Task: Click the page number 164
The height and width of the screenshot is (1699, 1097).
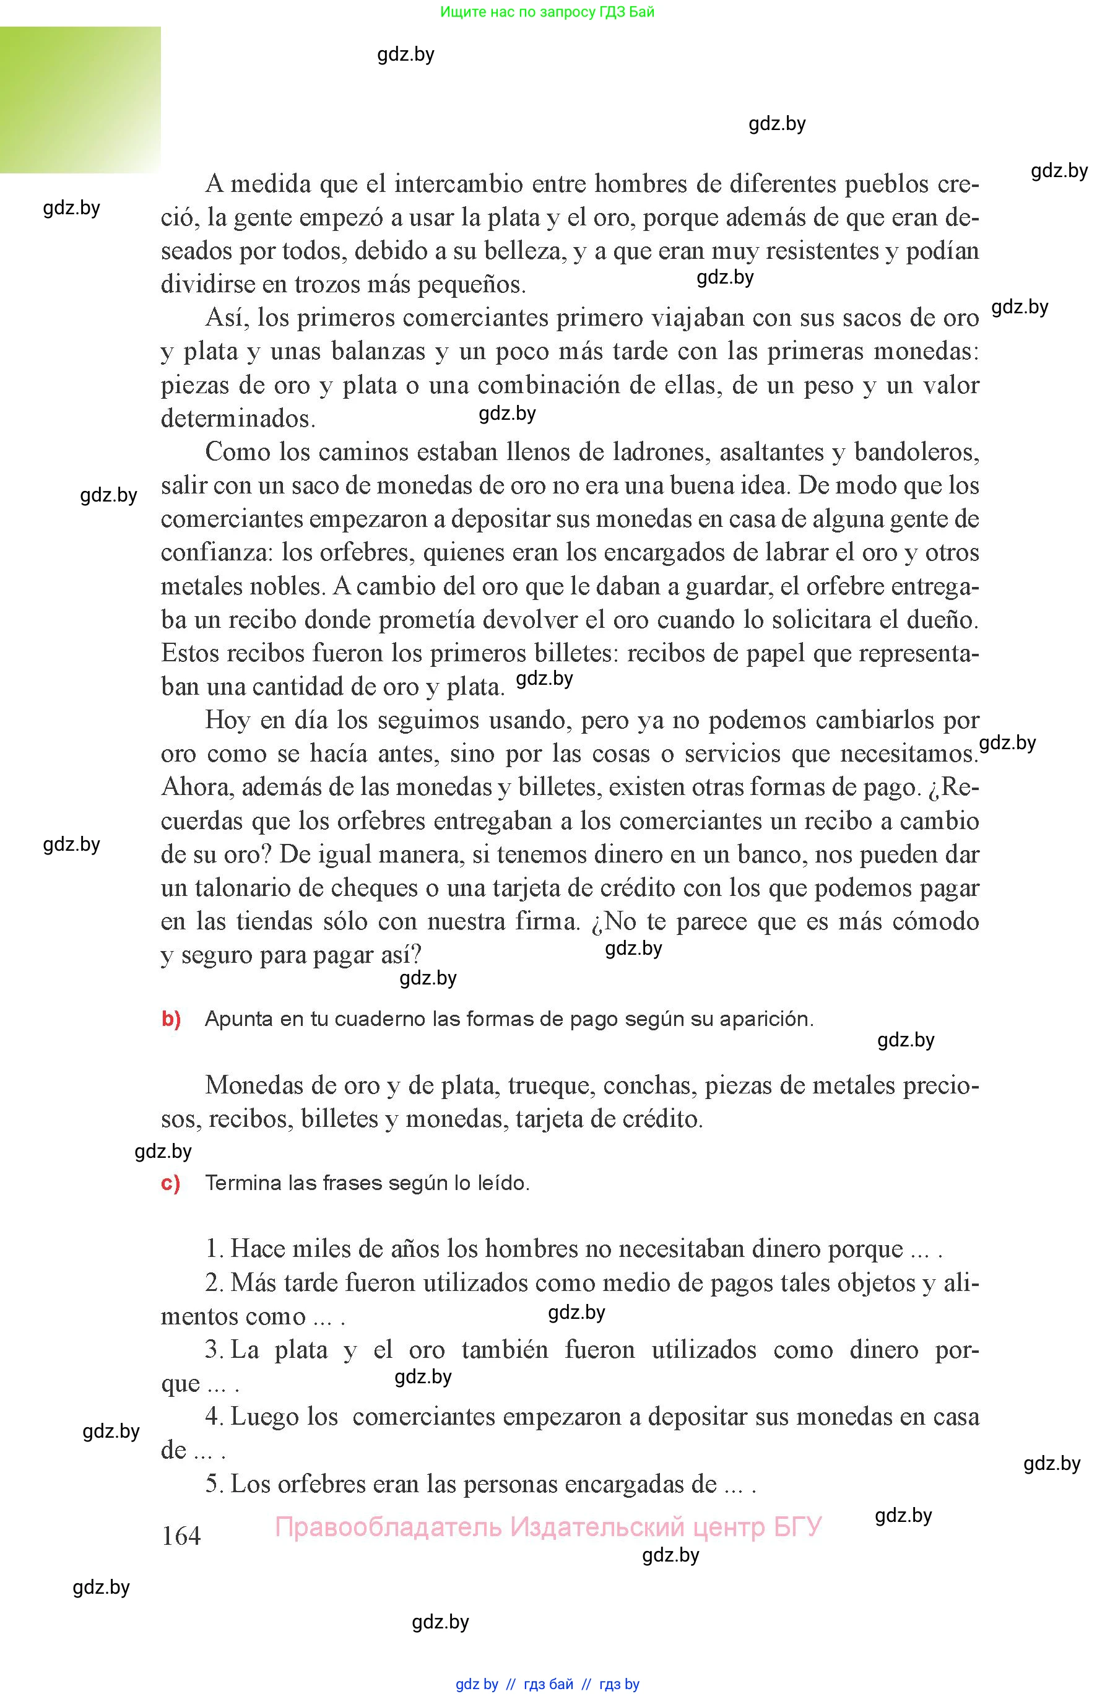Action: (x=181, y=1535)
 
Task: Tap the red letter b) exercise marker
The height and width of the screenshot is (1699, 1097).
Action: (x=171, y=1019)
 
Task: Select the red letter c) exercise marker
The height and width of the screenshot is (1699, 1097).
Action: (x=170, y=1183)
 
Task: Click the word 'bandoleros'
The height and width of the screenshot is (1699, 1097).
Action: (x=916, y=451)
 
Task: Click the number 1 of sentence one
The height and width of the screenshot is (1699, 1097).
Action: (x=212, y=1249)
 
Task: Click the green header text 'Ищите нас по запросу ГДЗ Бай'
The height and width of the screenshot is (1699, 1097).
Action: (x=547, y=11)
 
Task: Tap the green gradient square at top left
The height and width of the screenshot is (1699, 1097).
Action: (x=80, y=100)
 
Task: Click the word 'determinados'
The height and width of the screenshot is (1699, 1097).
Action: (x=237, y=418)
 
